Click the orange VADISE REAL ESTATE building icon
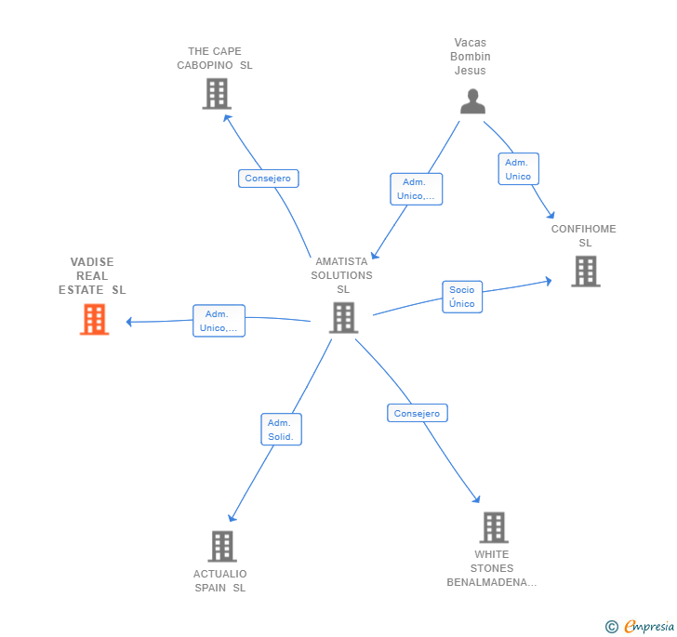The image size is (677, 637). click(x=95, y=319)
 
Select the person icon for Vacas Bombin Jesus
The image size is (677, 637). click(x=472, y=101)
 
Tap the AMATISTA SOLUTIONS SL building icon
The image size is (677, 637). click(x=344, y=317)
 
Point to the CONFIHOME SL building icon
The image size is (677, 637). click(x=586, y=272)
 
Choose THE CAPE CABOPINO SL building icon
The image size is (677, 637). click(x=217, y=94)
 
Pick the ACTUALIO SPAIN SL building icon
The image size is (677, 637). click(x=222, y=546)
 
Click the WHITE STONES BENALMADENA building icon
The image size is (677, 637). click(x=494, y=527)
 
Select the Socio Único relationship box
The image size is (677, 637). click(x=462, y=297)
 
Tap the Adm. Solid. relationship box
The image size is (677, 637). click(x=281, y=430)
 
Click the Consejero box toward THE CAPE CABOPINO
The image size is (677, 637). click(x=268, y=179)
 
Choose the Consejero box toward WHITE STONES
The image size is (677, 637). click(x=417, y=413)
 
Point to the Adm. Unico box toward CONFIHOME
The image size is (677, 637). click(x=518, y=169)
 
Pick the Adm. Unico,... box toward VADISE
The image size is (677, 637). click(x=219, y=321)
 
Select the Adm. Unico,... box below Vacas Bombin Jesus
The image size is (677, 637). click(x=417, y=189)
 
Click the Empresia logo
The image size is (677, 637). click(x=640, y=627)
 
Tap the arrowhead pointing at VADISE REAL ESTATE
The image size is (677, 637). click(x=128, y=322)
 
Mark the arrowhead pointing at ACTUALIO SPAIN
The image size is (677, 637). click(x=232, y=518)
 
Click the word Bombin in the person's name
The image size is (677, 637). click(x=471, y=57)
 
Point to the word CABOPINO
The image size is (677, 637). click(x=205, y=65)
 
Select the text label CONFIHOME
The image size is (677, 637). click(x=583, y=229)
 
